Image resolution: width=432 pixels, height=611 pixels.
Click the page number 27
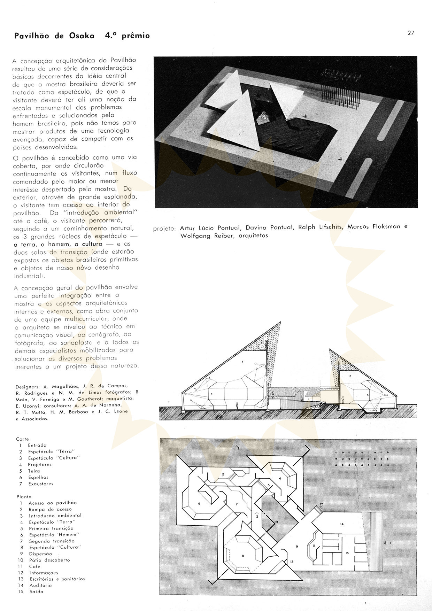(x=411, y=33)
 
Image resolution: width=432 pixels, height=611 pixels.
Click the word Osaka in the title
(x=81, y=36)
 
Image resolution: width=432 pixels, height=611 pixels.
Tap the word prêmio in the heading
(x=136, y=36)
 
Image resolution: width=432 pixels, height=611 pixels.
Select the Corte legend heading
(x=22, y=439)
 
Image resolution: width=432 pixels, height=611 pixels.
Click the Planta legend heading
(x=24, y=496)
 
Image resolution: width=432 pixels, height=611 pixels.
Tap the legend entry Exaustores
(x=41, y=484)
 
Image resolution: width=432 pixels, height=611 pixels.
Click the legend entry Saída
(x=36, y=591)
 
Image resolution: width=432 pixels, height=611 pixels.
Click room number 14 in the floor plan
(x=342, y=524)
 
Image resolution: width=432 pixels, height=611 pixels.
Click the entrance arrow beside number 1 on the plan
(x=384, y=542)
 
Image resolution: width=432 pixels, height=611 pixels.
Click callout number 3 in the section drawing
(x=242, y=362)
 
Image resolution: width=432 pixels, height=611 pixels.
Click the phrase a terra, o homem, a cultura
(x=58, y=244)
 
